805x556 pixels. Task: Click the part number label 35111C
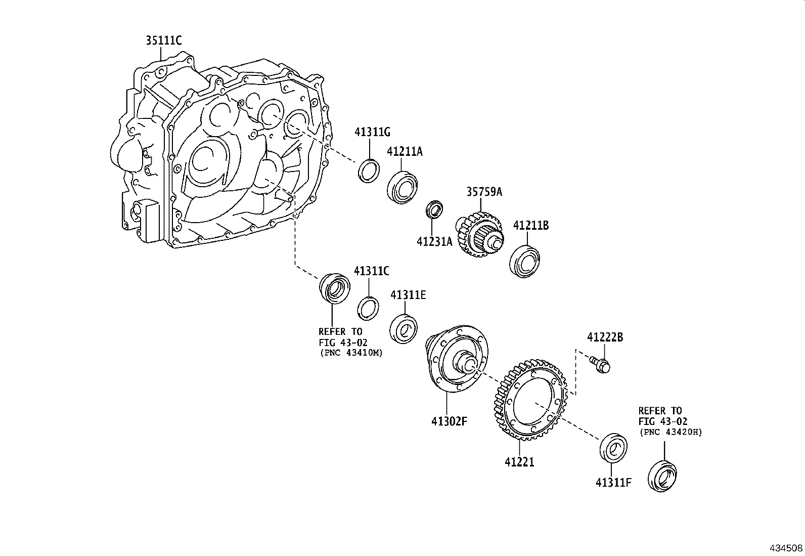[x=163, y=40]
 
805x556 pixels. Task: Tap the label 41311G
[x=372, y=133]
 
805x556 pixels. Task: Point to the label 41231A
[x=434, y=242]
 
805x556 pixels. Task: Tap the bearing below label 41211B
[x=525, y=261]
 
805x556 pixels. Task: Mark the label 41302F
[x=449, y=420]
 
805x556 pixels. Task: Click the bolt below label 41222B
[x=600, y=364]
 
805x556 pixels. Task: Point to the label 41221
[x=519, y=461]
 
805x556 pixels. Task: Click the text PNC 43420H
[x=671, y=432]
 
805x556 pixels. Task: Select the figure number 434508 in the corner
[x=786, y=548]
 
